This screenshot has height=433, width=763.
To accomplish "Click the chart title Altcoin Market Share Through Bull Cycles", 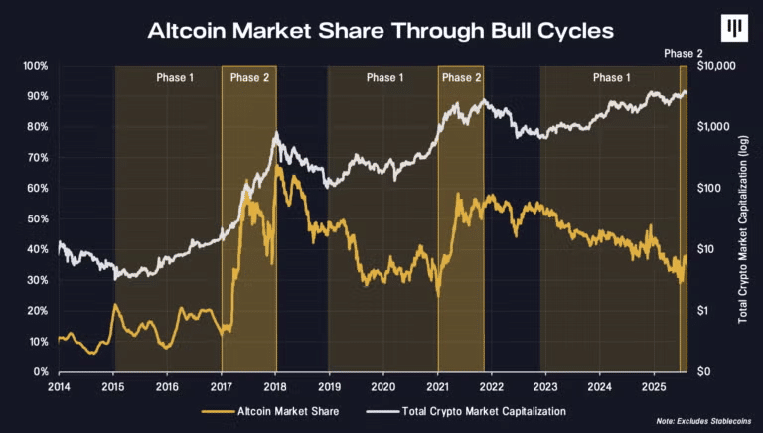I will click(381, 30).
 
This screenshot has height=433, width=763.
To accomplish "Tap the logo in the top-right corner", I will click(735, 30).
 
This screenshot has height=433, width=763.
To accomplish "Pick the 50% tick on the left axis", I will click(37, 218).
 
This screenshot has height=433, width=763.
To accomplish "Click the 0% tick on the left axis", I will click(40, 371).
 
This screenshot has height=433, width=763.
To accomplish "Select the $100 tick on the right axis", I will click(706, 188).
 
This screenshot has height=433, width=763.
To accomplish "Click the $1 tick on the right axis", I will click(701, 310).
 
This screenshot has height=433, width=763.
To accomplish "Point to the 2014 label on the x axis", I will click(59, 385).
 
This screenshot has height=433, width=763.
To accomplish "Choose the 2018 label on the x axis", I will click(275, 385).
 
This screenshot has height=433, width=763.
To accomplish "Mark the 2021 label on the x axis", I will click(438, 385).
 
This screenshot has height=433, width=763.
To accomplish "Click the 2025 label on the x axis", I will click(654, 385).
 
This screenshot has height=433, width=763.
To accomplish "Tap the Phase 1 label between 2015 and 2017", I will click(175, 78).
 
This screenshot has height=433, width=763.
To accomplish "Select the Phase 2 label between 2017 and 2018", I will click(249, 78).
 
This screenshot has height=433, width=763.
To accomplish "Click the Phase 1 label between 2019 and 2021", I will click(384, 78).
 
